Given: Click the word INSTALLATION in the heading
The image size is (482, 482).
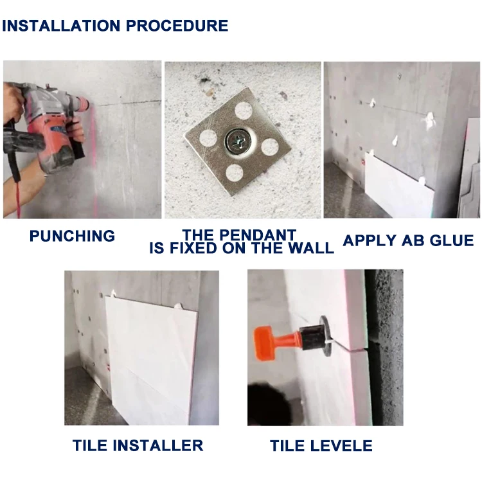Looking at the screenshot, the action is pyautogui.click(x=61, y=26).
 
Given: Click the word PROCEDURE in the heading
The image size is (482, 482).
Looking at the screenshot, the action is pyautogui.click(x=177, y=26).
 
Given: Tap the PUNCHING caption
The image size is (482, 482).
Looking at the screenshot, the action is pyautogui.click(x=72, y=236).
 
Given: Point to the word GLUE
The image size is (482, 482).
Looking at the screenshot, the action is pyautogui.click(x=452, y=240).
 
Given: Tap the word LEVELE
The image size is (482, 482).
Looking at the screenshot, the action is pyautogui.click(x=341, y=446).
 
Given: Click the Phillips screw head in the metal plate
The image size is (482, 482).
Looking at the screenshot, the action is pyautogui.click(x=238, y=142).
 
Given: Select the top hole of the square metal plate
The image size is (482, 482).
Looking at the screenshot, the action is pyautogui.click(x=244, y=111).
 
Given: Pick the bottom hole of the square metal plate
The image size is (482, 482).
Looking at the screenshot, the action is pyautogui.click(x=235, y=173).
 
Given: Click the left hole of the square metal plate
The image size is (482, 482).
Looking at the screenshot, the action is pyautogui.click(x=208, y=138).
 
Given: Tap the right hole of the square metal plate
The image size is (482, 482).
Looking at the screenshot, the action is pyautogui.click(x=270, y=147).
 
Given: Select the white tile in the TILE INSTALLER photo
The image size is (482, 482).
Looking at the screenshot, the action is pyautogui.click(x=151, y=359).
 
